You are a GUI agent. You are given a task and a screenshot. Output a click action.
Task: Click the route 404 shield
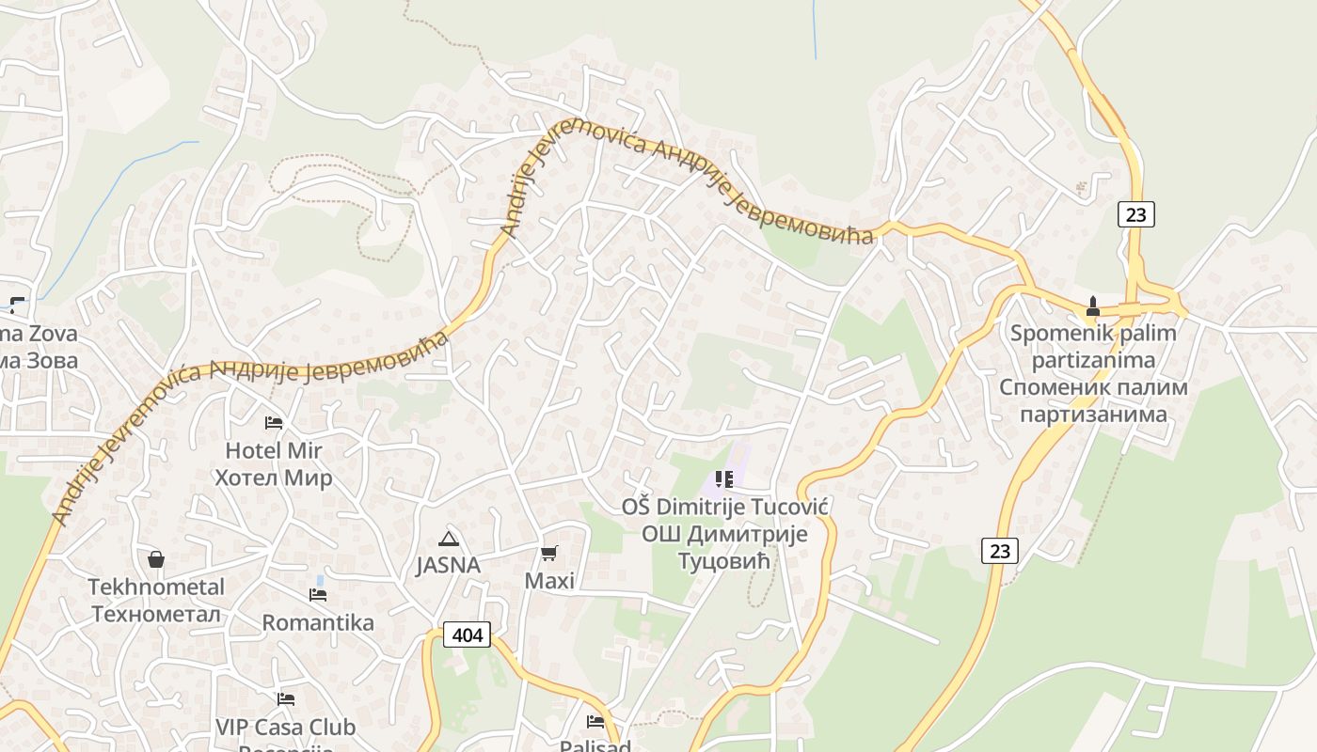467,635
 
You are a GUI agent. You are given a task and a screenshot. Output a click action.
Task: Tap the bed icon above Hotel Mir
274,423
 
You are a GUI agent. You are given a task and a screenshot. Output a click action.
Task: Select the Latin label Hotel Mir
274,451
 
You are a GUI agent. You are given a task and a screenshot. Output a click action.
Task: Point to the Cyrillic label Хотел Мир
274,478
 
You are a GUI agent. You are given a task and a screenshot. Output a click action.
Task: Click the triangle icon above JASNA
448,539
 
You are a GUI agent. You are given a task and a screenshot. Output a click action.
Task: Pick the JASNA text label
448,565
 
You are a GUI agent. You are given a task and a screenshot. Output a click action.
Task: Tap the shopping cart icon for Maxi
549,554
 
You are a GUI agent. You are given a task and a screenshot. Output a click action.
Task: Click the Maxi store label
549,581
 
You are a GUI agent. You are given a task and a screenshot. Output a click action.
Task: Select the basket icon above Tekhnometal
156,559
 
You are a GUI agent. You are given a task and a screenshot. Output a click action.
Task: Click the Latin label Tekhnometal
156,587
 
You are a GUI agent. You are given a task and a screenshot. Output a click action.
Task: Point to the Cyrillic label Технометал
156,614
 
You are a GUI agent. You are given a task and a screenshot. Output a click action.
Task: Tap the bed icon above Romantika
318,595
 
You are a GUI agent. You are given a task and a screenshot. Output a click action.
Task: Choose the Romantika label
318,622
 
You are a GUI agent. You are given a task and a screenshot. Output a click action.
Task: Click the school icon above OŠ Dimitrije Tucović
724,479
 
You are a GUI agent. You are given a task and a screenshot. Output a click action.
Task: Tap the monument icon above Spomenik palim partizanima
1093,306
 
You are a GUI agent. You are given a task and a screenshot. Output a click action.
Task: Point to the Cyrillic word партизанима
1093,414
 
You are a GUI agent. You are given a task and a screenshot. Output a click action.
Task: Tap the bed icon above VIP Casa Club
286,699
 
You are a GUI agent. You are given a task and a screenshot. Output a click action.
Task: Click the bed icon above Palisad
595,722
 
